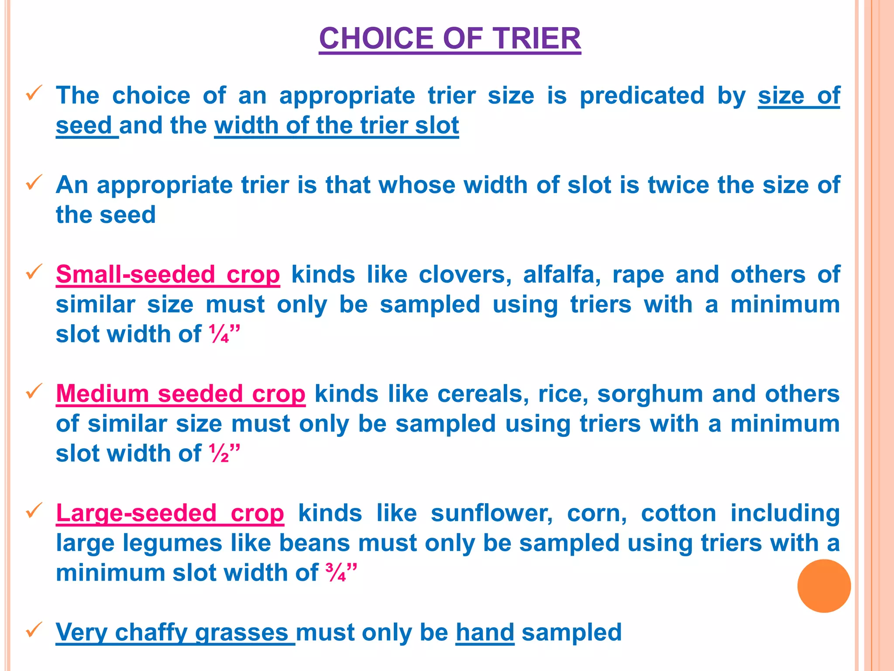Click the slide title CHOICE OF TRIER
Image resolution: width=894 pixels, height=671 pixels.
(450, 38)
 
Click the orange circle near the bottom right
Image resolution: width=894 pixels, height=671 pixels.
(824, 585)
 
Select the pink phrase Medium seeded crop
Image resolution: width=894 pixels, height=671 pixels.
(180, 394)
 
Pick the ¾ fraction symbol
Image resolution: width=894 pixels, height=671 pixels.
(336, 573)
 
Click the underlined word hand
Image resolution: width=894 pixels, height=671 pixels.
(485, 632)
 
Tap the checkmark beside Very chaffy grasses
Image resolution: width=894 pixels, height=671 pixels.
(34, 630)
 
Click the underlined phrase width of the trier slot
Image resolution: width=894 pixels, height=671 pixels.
(336, 125)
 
